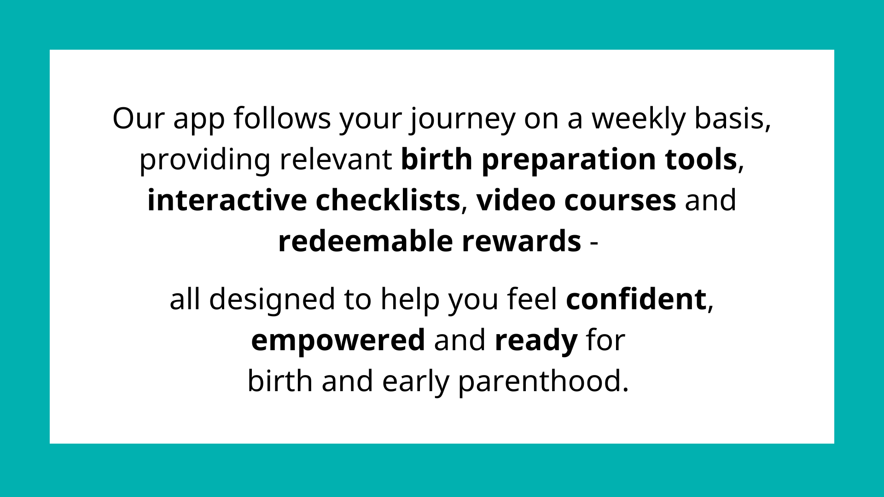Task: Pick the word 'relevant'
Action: [x=336, y=159]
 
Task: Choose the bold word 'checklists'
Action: [x=388, y=201]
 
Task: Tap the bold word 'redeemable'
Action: [x=366, y=241]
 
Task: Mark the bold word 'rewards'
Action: [x=521, y=241]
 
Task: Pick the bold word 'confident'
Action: [x=636, y=299]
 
